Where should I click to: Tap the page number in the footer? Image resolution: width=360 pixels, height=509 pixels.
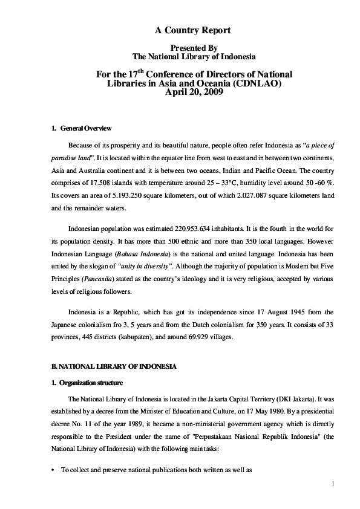tap(333, 484)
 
